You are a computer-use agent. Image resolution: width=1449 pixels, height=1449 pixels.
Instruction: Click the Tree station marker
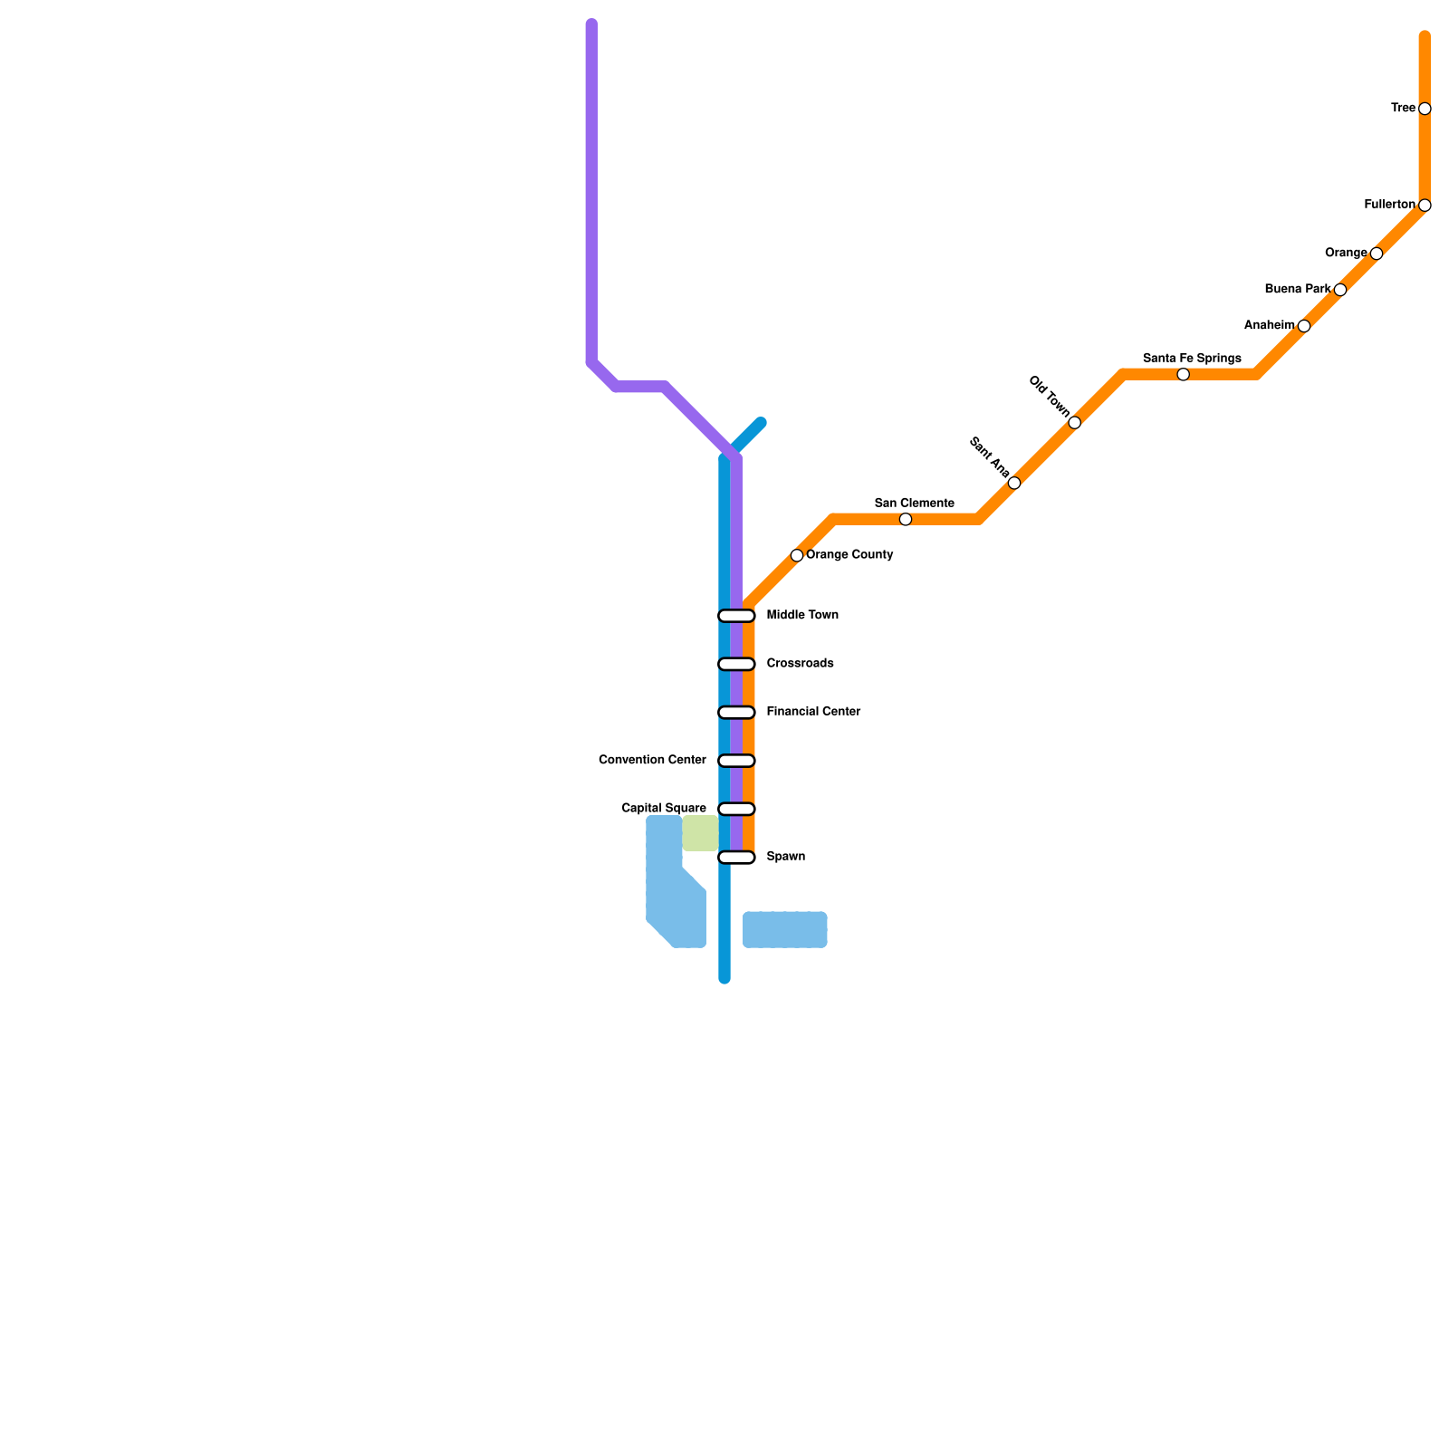(x=1425, y=109)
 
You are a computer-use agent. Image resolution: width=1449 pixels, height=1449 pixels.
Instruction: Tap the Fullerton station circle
(x=1425, y=206)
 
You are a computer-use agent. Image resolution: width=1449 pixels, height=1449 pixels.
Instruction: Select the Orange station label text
(x=1346, y=253)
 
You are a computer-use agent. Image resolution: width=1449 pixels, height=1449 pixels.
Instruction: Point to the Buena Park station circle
(x=1340, y=290)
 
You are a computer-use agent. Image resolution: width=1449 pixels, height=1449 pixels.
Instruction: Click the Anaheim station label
(x=1269, y=325)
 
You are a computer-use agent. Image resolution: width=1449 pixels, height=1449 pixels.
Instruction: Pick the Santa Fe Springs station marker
(x=1183, y=375)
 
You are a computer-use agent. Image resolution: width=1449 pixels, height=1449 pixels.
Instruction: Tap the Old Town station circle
(x=1074, y=423)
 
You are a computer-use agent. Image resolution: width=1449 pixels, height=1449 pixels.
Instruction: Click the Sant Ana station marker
(x=1014, y=483)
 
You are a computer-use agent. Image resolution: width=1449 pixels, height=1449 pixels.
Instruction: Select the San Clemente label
(x=914, y=504)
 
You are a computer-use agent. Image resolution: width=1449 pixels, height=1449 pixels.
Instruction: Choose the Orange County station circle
(x=797, y=555)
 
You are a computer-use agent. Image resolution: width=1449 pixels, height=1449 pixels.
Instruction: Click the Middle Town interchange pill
(x=736, y=616)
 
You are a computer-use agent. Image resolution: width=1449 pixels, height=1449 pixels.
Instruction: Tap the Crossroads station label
(x=800, y=664)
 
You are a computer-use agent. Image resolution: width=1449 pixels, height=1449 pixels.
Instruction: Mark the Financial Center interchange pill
(x=736, y=713)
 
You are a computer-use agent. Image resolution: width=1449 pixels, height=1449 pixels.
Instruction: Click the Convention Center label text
(x=652, y=760)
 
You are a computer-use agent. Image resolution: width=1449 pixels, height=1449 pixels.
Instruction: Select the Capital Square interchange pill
(x=736, y=809)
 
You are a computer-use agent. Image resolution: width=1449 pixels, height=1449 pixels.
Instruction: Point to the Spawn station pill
(x=736, y=858)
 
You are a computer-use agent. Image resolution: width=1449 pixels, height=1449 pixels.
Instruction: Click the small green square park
(x=700, y=833)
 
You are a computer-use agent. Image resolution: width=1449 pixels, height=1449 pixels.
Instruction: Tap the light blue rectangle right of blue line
(x=784, y=930)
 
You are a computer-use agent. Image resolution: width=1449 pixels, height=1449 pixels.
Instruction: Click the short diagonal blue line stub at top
(x=750, y=435)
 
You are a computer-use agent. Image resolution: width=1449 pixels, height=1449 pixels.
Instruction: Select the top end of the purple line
(x=591, y=24)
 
